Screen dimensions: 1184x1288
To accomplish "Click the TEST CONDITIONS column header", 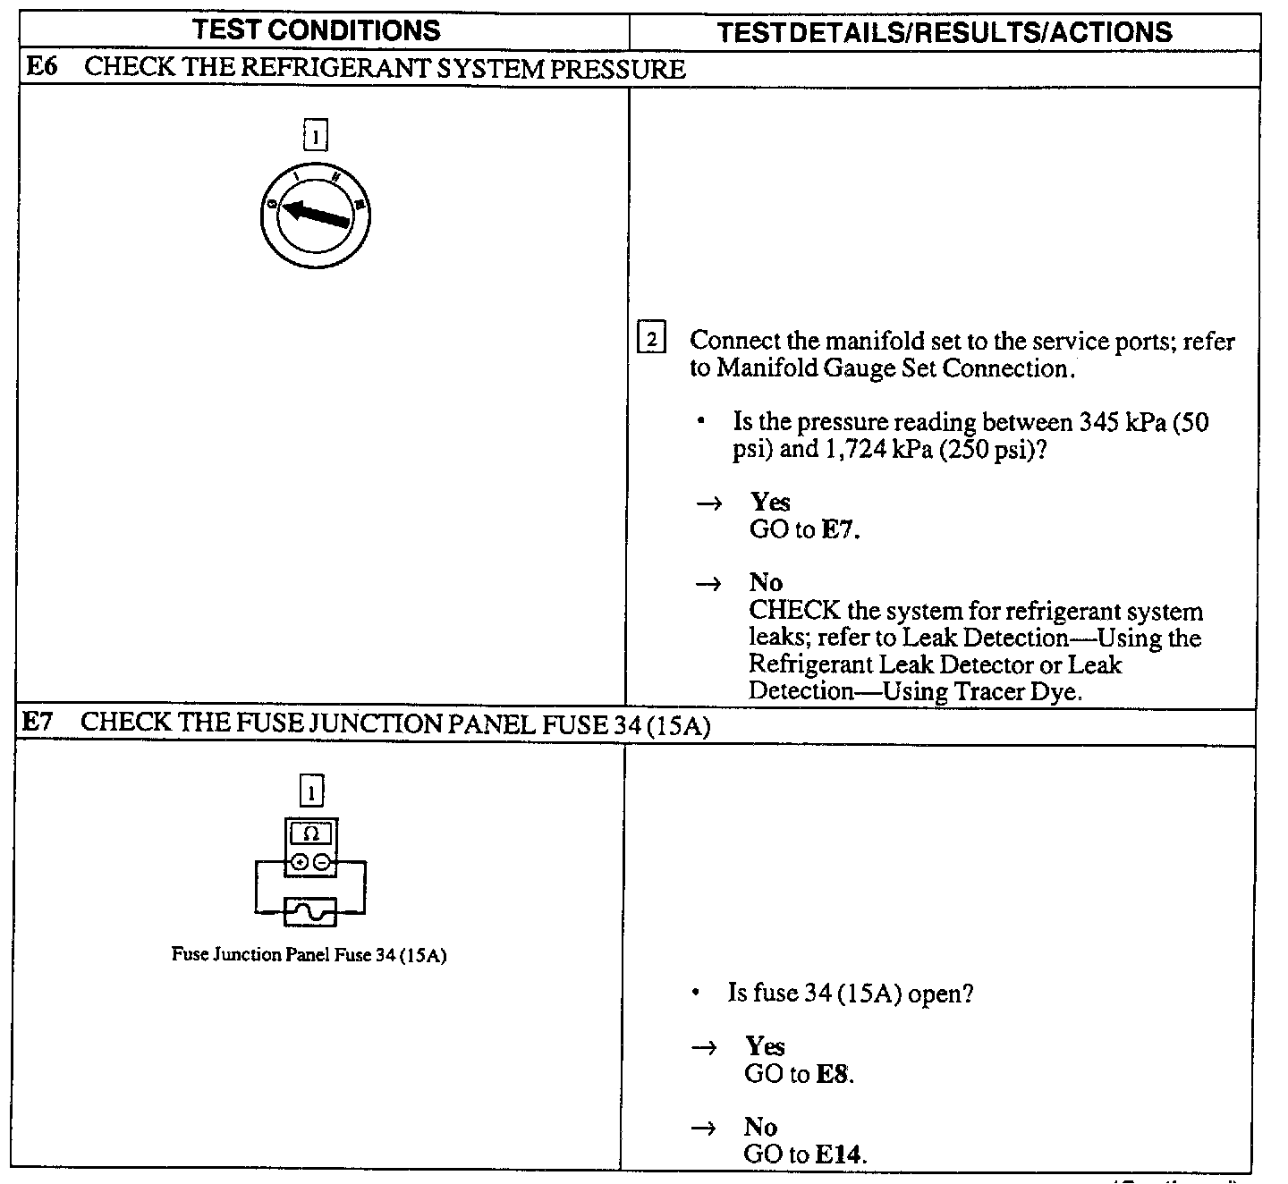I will tap(317, 30).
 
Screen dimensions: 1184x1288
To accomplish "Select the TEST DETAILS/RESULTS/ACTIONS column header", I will tap(945, 33).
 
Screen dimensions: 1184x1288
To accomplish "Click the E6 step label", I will tap(41, 68).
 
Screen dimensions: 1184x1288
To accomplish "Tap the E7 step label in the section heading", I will tap(38, 723).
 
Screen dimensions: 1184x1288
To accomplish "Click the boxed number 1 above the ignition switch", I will tap(316, 137).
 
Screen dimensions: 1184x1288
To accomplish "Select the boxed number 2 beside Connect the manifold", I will tap(651, 340).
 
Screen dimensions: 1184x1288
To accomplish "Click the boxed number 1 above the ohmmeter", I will tap(311, 791).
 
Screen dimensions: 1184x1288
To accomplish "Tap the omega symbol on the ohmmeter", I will tap(310, 833).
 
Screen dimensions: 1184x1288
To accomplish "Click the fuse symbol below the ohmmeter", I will tap(310, 912).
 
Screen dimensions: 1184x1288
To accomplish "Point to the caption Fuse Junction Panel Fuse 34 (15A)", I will tap(309, 955).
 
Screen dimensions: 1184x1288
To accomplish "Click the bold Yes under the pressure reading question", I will tap(770, 503).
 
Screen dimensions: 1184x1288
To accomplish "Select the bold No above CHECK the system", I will tap(766, 583).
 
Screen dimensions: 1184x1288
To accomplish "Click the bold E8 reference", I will tap(832, 1074).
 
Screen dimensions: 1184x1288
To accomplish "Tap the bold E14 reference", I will tap(838, 1154).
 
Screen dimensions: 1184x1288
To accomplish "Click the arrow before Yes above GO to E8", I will tap(705, 1048).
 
